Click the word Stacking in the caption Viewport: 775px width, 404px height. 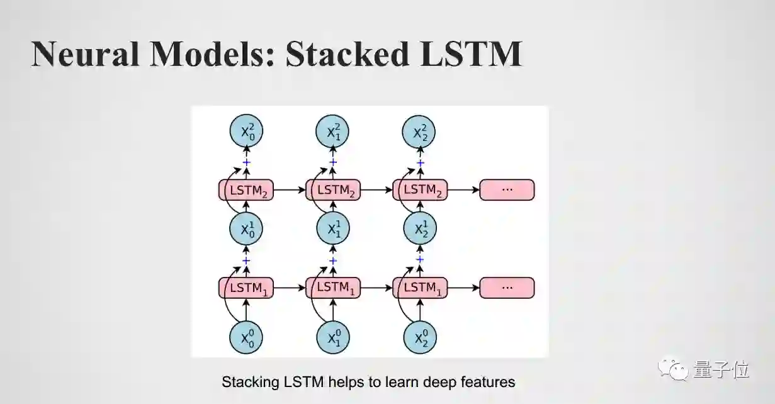(246, 381)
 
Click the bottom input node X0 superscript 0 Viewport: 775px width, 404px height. (246, 338)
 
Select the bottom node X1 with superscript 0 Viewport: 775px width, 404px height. (332, 338)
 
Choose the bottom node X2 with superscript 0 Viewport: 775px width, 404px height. (419, 338)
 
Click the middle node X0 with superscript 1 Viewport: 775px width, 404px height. (246, 229)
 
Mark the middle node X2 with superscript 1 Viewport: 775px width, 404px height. (419, 229)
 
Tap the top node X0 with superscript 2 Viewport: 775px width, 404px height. (246, 132)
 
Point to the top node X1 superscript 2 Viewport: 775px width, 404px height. (332, 132)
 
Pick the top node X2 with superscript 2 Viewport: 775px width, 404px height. (419, 132)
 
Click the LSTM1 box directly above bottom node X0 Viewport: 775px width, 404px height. (246, 288)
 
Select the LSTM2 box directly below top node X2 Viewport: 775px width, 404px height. (420, 189)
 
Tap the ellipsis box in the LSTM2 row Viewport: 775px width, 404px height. (507, 189)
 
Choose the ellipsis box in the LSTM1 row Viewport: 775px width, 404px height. (507, 288)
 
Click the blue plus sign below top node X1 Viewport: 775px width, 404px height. (333, 163)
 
